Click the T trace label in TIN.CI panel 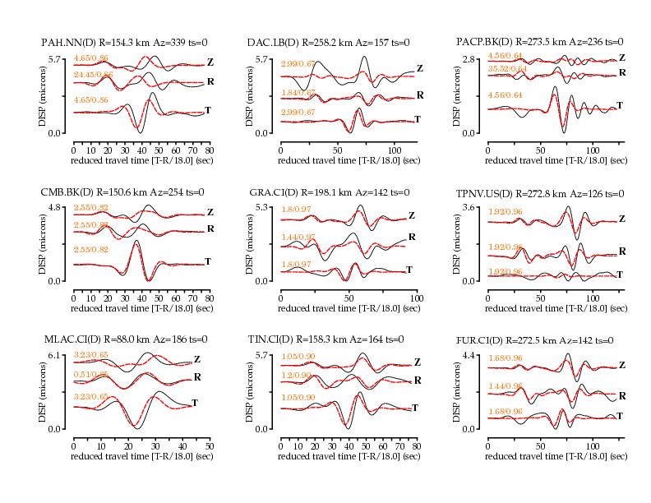pyautogui.click(x=415, y=408)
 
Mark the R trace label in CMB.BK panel pyautogui.click(x=210, y=228)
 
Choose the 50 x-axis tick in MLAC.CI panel pyautogui.click(x=210, y=446)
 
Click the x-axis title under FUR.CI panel pyautogui.click(x=556, y=456)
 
